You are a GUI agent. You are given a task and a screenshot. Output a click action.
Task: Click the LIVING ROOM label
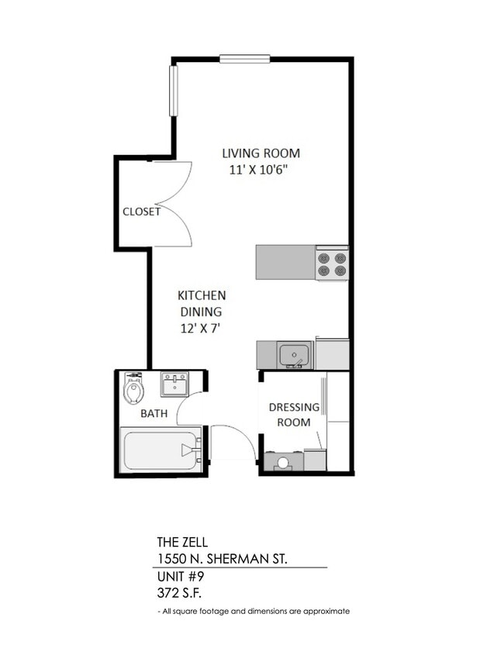click(261, 153)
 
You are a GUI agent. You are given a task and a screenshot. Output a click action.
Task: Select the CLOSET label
click(141, 212)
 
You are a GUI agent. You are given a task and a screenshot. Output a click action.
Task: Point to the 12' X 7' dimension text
click(200, 328)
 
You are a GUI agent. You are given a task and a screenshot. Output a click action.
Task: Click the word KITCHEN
click(202, 295)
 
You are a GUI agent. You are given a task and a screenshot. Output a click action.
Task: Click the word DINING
click(202, 312)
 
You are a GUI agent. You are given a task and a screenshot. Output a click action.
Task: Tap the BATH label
click(154, 413)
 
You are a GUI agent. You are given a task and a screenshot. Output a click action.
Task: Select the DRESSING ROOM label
click(294, 415)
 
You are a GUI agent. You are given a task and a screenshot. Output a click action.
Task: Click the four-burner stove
click(332, 263)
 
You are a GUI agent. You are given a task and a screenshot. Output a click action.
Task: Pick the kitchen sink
click(295, 355)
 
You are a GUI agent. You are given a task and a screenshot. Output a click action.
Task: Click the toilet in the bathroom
click(133, 388)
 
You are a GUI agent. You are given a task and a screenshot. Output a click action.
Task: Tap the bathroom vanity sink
click(174, 383)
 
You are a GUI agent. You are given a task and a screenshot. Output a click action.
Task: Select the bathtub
click(161, 450)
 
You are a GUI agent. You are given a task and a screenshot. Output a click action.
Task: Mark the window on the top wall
click(244, 58)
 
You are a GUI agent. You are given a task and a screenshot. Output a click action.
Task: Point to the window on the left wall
click(173, 91)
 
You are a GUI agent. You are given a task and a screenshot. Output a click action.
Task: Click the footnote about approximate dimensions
click(253, 611)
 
